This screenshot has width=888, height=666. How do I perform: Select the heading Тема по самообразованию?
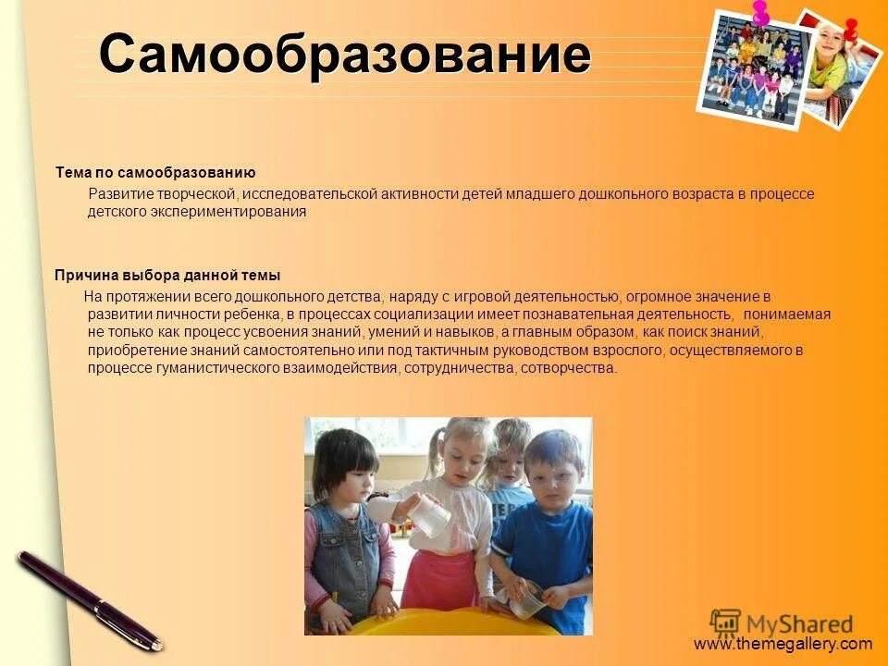pos(155,173)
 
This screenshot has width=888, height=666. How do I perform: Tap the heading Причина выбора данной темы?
pos(167,276)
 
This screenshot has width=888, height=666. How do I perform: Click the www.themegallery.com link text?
pos(783,644)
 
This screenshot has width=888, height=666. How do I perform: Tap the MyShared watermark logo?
pos(782,623)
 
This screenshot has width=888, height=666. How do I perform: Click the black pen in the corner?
pos(88,598)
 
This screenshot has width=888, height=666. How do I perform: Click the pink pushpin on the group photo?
pos(760,13)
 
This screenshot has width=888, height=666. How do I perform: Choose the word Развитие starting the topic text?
pos(117,193)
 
